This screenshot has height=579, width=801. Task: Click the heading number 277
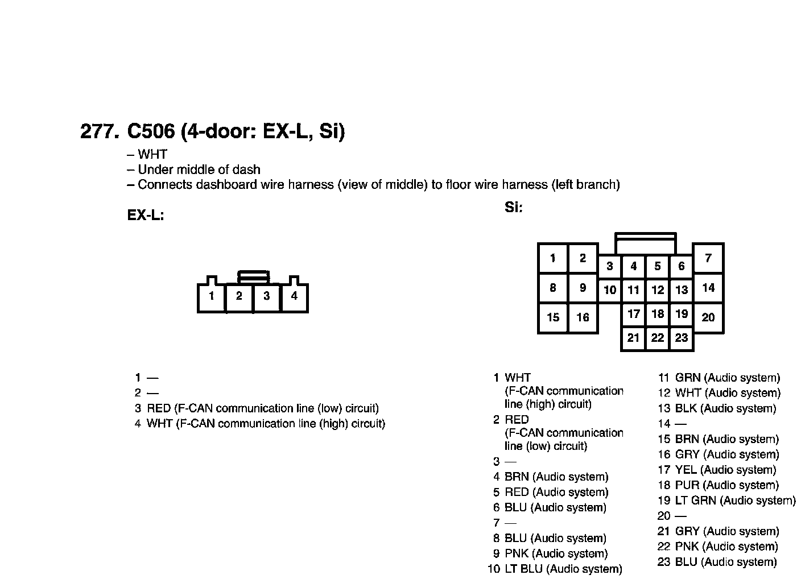click(x=100, y=131)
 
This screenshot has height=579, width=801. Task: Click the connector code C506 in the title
click(x=150, y=131)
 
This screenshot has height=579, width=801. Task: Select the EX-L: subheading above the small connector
click(x=146, y=216)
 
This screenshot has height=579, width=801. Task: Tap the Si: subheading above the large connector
click(x=513, y=208)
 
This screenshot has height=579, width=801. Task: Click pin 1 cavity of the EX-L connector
click(x=212, y=297)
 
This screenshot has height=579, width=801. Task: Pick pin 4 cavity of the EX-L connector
click(x=294, y=296)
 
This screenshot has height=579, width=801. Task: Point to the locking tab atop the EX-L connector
click(x=253, y=277)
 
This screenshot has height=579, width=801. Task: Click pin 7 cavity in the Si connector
click(x=708, y=258)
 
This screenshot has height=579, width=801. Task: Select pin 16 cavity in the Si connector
click(x=583, y=317)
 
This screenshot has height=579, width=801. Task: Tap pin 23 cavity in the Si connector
click(x=682, y=338)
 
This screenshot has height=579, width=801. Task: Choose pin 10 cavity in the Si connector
click(x=610, y=290)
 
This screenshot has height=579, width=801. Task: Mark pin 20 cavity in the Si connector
click(x=708, y=317)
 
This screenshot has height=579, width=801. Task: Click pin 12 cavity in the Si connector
click(x=658, y=290)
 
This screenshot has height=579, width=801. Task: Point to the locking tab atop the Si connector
click(x=646, y=243)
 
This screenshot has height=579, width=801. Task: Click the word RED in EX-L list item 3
click(x=159, y=408)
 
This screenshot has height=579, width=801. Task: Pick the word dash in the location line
click(x=249, y=169)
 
